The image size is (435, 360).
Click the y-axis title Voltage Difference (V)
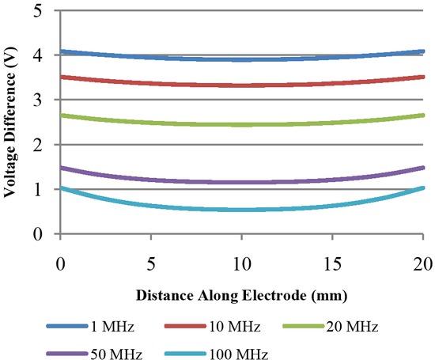[x=14, y=123]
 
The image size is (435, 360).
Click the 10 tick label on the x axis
[x=241, y=260]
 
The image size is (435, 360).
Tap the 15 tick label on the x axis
[x=332, y=260]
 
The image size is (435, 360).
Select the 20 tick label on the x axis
[x=422, y=260]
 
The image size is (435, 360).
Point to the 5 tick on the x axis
[x=151, y=260]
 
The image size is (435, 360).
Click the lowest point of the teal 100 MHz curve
[x=241, y=210]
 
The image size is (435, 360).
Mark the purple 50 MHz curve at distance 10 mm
[x=241, y=182]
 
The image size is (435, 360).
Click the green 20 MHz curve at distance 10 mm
[x=241, y=124]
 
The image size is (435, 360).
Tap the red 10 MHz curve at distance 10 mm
[x=241, y=85]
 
